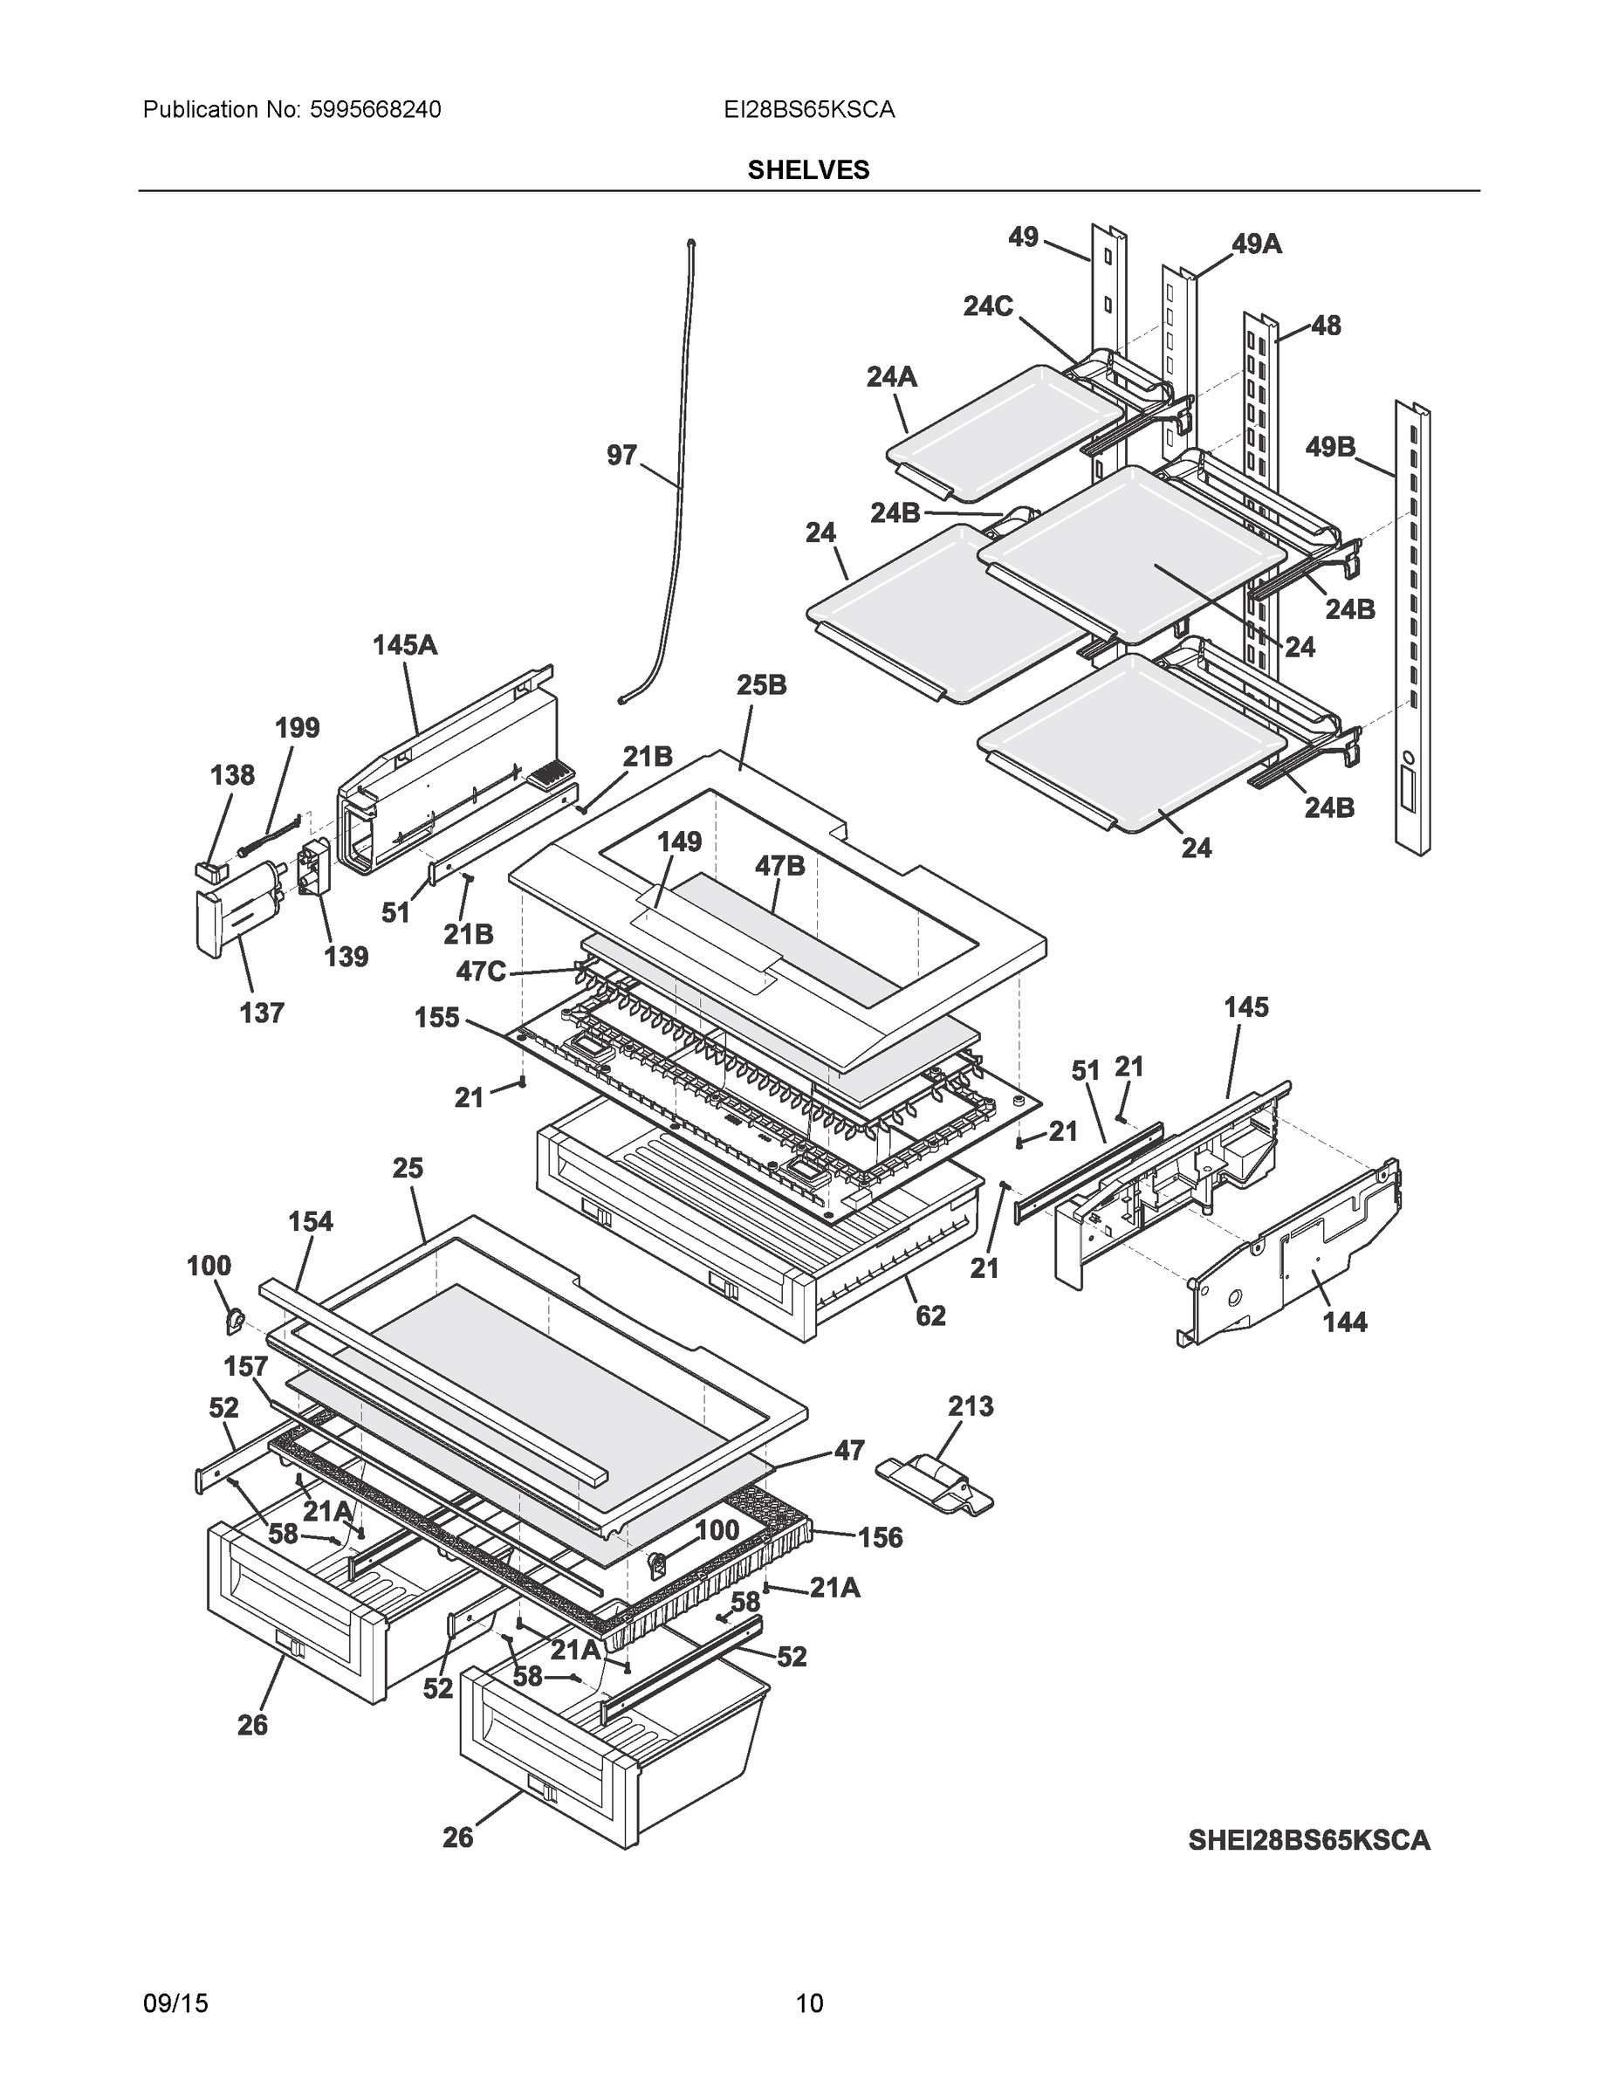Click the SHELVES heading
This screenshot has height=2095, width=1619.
click(807, 170)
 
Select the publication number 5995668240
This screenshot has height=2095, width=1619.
click(375, 110)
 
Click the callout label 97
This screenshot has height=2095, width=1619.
click(621, 455)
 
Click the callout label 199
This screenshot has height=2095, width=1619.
click(298, 727)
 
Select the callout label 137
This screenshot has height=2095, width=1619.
click(262, 1012)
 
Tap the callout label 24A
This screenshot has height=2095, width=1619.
click(891, 377)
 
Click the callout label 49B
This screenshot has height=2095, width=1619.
click(1330, 446)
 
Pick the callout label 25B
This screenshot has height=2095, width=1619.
click(762, 685)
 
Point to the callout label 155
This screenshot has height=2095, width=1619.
click(437, 1017)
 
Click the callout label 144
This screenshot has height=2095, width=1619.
click(1345, 1322)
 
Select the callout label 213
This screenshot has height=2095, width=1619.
click(971, 1406)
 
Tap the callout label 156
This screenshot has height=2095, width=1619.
click(880, 1538)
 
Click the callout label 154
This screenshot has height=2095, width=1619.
click(310, 1221)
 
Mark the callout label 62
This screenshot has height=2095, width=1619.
click(930, 1315)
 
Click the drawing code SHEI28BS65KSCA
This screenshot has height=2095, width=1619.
click(1308, 1840)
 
